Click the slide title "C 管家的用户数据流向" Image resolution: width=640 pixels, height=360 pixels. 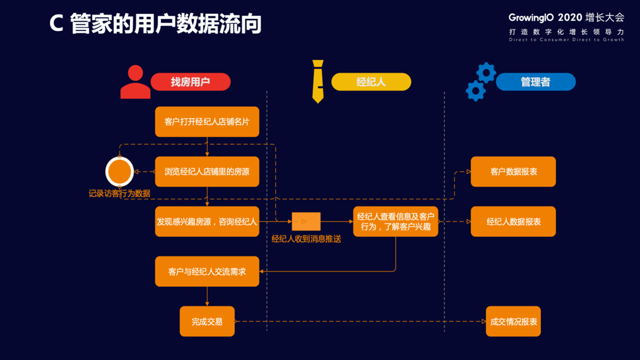[x=155, y=24]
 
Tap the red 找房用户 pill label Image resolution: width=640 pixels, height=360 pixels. [x=190, y=82]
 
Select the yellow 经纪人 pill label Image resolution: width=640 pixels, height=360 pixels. [x=371, y=82]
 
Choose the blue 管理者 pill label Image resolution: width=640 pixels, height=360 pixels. [x=535, y=82]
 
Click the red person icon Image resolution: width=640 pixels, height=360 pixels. [x=135, y=82]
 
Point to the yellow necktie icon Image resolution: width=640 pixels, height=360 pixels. [x=318, y=81]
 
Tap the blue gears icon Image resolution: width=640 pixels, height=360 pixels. [x=480, y=82]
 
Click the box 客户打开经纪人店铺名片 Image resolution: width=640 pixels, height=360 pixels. [x=207, y=121]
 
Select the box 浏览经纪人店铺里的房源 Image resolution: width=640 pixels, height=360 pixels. [x=207, y=172]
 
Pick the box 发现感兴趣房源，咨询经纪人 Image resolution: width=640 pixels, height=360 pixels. [x=207, y=222]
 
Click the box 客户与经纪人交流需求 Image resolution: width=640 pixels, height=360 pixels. [x=207, y=272]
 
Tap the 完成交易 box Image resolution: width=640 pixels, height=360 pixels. [x=207, y=321]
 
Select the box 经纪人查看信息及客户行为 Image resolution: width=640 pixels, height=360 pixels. [x=395, y=222]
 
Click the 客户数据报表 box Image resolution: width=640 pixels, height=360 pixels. [x=513, y=172]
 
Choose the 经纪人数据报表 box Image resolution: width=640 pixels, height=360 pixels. [x=513, y=222]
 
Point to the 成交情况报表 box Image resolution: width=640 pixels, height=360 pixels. [x=513, y=321]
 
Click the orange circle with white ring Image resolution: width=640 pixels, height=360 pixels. [x=119, y=171]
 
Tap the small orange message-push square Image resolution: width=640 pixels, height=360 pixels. [x=306, y=222]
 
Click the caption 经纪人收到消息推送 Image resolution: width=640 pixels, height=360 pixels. [x=306, y=239]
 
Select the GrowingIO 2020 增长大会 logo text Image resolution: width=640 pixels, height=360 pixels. [x=566, y=18]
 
